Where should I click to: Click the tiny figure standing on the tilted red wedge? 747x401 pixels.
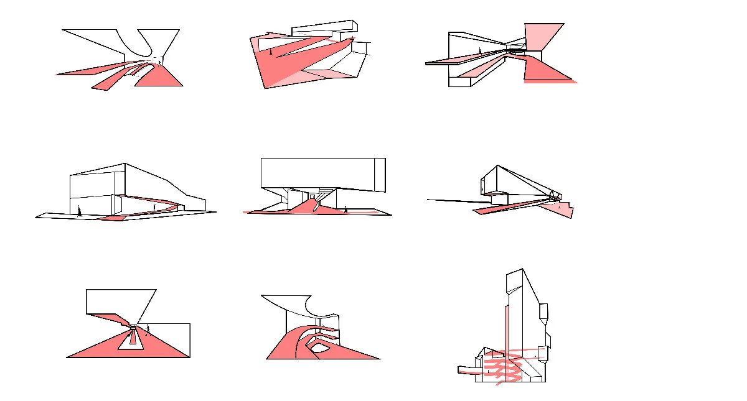coord(270,52)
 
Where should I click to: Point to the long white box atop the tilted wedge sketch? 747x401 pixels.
coord(324,28)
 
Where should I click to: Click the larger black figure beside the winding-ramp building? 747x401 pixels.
coord(79,211)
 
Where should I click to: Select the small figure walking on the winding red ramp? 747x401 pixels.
coord(155,206)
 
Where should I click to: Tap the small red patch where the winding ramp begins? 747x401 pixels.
coord(113,218)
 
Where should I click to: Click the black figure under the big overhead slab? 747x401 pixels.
coord(345,210)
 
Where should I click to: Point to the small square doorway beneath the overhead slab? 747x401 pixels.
coord(312,196)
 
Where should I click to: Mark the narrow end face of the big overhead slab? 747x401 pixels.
coord(380,175)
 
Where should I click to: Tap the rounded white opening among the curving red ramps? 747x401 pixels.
coord(322,350)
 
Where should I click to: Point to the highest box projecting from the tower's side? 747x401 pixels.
coord(543,311)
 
